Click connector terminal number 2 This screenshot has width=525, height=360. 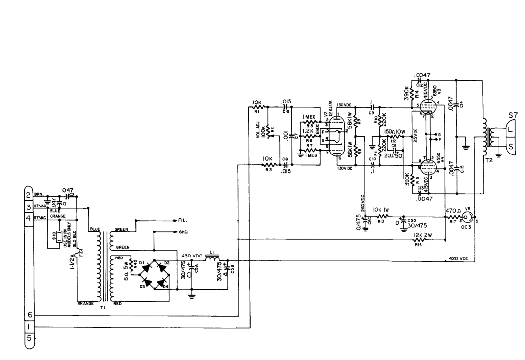(28, 195)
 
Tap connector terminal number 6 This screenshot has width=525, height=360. (28, 314)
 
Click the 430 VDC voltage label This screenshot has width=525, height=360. (192, 256)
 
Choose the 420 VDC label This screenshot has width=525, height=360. (459, 258)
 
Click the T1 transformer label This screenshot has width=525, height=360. (102, 307)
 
